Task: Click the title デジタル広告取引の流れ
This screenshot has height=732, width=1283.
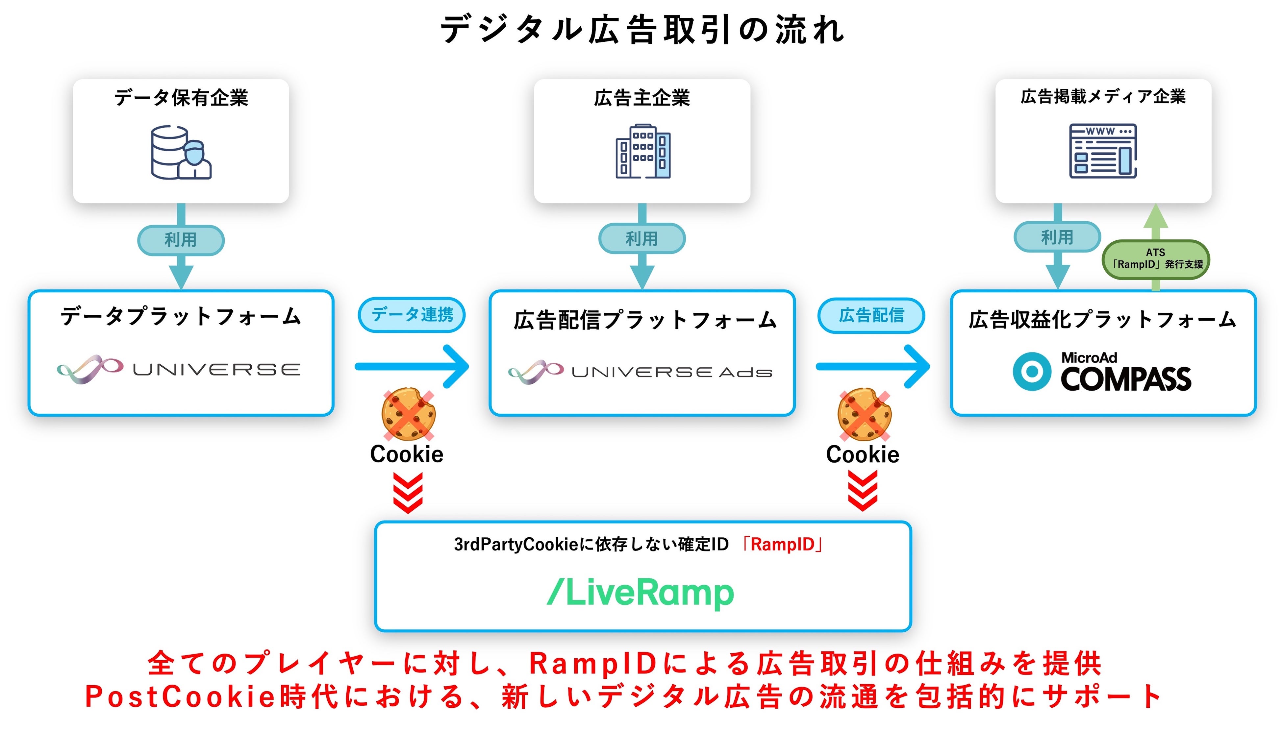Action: [642, 29]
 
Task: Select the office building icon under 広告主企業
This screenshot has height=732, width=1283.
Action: [643, 151]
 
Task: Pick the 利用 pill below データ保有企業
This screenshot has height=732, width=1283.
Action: [181, 240]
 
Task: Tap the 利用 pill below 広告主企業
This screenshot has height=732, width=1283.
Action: [642, 238]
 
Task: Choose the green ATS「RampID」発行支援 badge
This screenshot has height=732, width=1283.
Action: [1156, 259]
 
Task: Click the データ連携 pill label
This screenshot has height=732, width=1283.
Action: [412, 315]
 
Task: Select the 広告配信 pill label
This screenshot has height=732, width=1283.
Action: [871, 315]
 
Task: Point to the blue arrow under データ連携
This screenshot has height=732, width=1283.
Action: [412, 367]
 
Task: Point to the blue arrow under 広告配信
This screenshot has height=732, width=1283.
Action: [872, 367]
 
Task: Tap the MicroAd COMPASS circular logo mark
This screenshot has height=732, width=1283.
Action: [1032, 372]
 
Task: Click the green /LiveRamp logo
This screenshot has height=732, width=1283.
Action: [640, 593]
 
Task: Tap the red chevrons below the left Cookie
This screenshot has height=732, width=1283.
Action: [407, 492]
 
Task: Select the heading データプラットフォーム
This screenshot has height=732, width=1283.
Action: [181, 317]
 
